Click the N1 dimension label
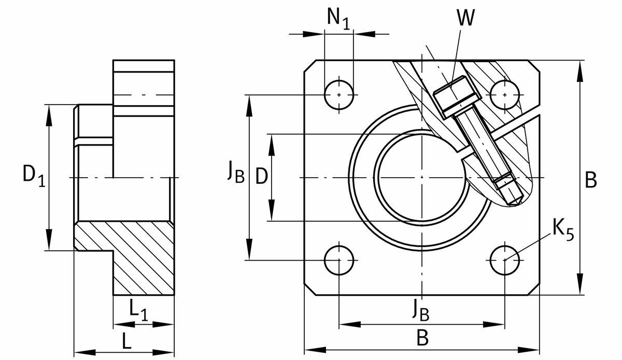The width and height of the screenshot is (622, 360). [338, 19]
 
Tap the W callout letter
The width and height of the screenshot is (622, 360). [465, 19]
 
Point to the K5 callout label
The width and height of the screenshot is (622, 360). [562, 229]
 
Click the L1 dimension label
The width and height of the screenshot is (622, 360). [138, 311]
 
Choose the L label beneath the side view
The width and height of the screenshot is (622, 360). [126, 341]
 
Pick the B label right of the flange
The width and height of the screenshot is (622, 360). [590, 180]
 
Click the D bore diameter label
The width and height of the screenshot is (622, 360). [262, 177]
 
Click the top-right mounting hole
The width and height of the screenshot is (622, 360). [504, 95]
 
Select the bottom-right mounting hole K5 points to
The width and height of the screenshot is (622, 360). [504, 260]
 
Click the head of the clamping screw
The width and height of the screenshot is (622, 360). [451, 96]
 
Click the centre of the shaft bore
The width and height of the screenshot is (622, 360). [422, 178]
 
